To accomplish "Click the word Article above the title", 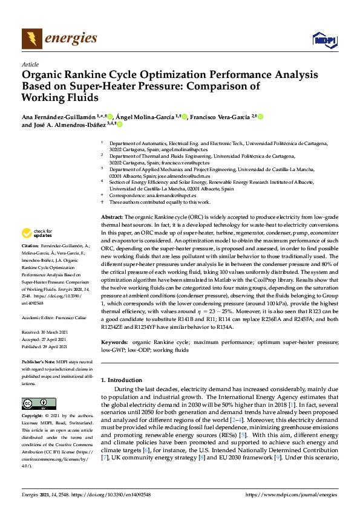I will tap(30, 64).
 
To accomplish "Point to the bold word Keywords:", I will tap(114, 342).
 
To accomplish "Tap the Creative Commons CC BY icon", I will tap(36, 403).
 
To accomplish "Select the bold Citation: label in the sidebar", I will tap(30, 247).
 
